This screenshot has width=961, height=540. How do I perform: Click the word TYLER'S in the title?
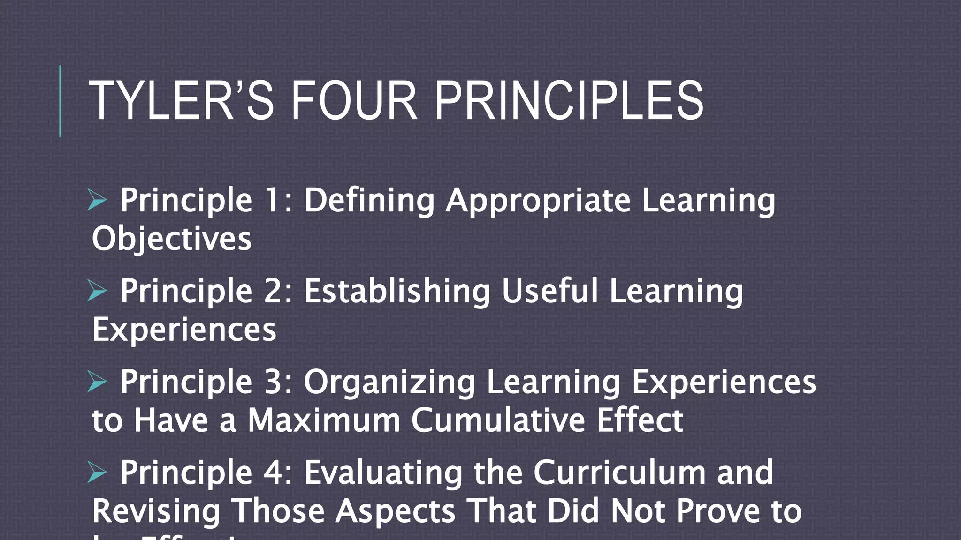pos(181,101)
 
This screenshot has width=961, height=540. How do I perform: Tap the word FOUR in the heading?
pos(354,101)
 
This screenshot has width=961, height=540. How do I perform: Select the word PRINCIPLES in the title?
pos(569,101)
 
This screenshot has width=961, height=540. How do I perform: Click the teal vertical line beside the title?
pos(60,101)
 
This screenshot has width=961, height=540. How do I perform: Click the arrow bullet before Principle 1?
pos(97,200)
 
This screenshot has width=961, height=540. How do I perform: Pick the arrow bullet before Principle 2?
pos(97,291)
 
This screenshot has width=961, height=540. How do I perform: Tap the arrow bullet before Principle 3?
pos(97,382)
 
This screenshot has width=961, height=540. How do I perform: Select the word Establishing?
pos(397,292)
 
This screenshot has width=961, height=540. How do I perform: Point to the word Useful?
pos(550,291)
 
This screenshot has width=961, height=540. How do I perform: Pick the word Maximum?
pos(324,420)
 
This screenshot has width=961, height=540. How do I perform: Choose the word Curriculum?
pos(619,472)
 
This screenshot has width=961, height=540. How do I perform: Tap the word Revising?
pos(156,511)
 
